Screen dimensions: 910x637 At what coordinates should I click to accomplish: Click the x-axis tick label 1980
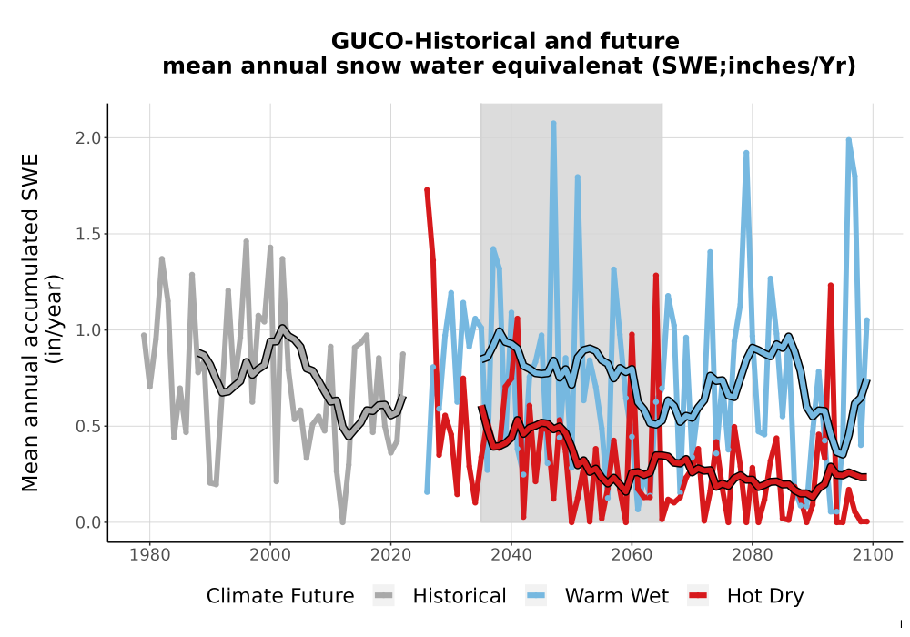(x=150, y=555)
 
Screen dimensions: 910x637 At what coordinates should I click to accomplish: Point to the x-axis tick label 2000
(x=270, y=555)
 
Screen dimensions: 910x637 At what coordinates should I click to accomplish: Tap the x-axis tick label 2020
(x=390, y=555)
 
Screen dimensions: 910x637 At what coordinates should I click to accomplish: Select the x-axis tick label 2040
(x=511, y=555)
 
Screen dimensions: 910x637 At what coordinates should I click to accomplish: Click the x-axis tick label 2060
(x=632, y=555)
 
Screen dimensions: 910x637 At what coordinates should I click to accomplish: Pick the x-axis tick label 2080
(x=753, y=555)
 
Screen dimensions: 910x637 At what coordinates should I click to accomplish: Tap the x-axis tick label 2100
(x=873, y=555)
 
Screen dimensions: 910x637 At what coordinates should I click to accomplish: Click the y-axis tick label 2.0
(x=88, y=138)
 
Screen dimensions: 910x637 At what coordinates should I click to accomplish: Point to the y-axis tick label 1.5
(x=88, y=235)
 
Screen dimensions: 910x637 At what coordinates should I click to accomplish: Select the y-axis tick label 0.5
(x=88, y=427)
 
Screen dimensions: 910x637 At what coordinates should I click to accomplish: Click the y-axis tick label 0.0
(x=88, y=522)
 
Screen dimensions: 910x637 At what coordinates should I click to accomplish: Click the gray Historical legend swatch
(x=384, y=596)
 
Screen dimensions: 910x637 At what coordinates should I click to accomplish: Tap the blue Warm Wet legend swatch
(x=536, y=596)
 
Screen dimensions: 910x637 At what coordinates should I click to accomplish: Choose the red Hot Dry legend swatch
(x=698, y=596)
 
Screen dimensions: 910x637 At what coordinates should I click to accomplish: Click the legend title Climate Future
(x=280, y=596)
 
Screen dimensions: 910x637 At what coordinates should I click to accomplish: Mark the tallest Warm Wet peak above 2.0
(x=553, y=123)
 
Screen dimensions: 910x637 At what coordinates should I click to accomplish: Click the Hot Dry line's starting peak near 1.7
(x=427, y=189)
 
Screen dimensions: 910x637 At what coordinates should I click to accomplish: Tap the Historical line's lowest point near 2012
(x=342, y=521)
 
